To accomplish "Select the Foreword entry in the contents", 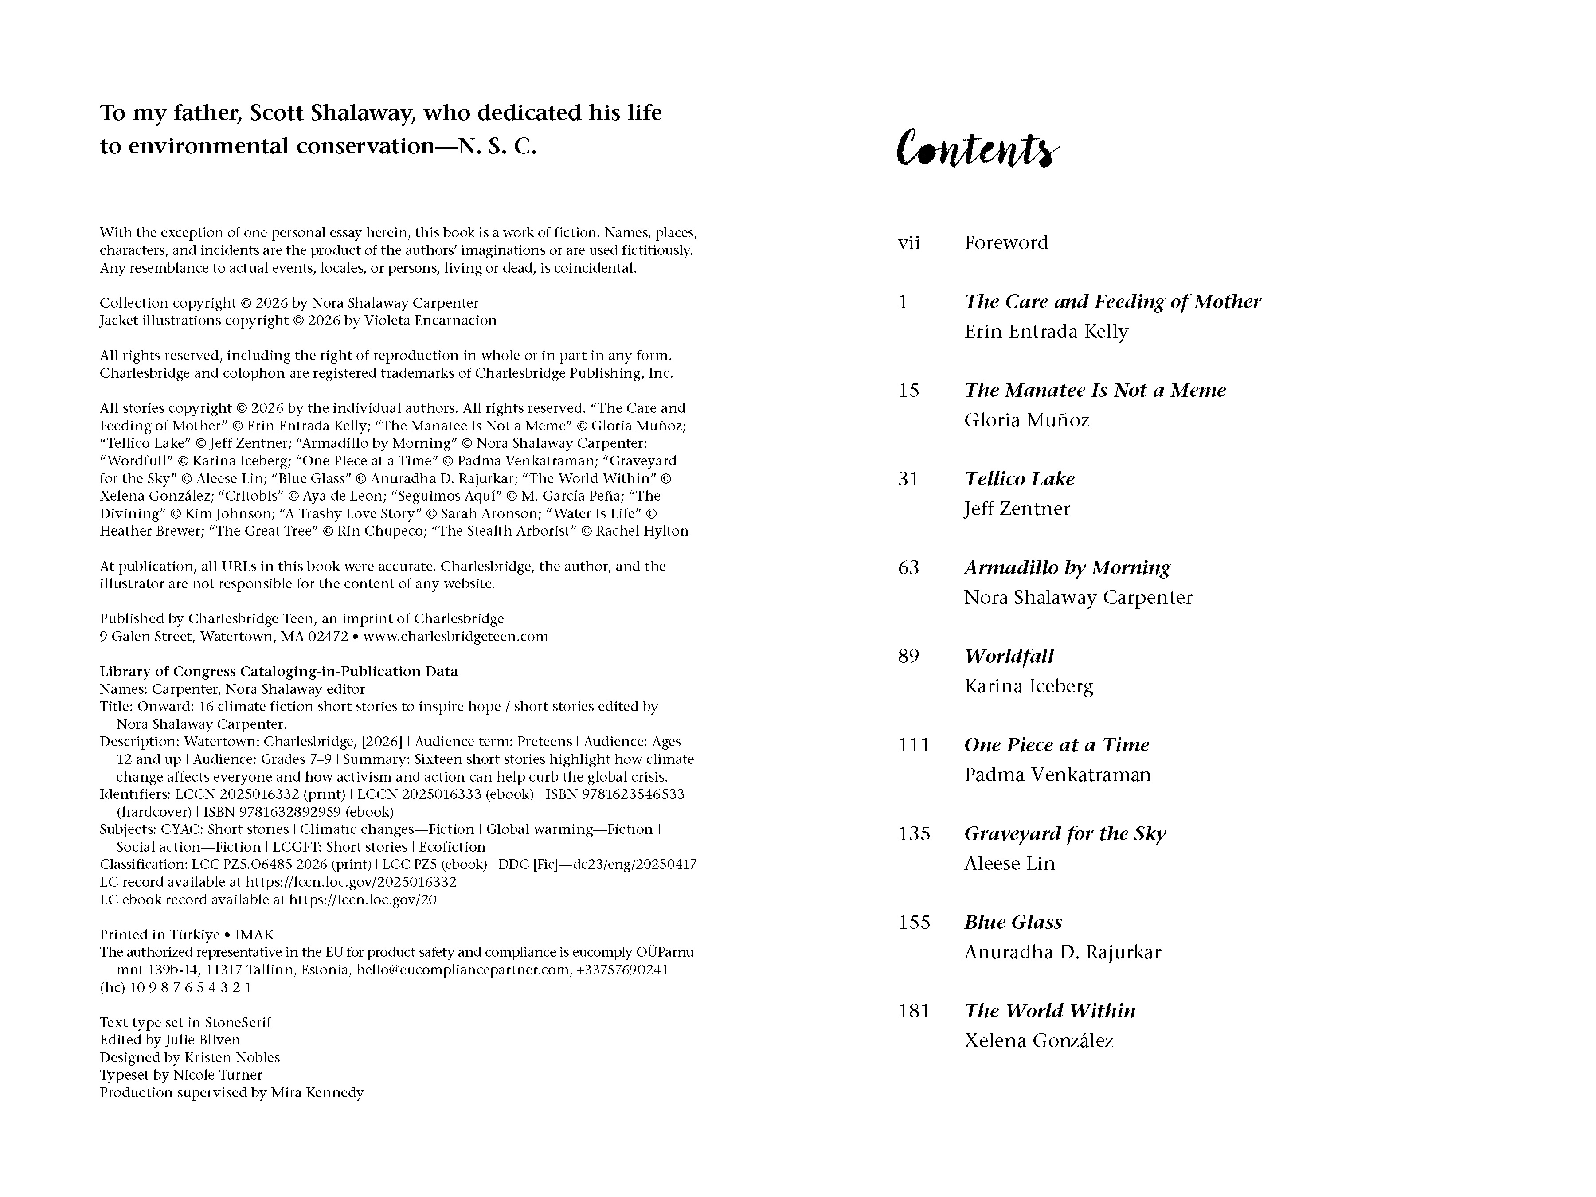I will tap(1006, 243).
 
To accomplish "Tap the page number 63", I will tap(908, 568).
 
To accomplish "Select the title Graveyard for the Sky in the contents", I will tap(1064, 834).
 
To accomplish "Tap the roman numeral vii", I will tap(908, 243).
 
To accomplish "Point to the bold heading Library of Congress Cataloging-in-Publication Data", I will tap(278, 672).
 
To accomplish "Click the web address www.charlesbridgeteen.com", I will tap(455, 636).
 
